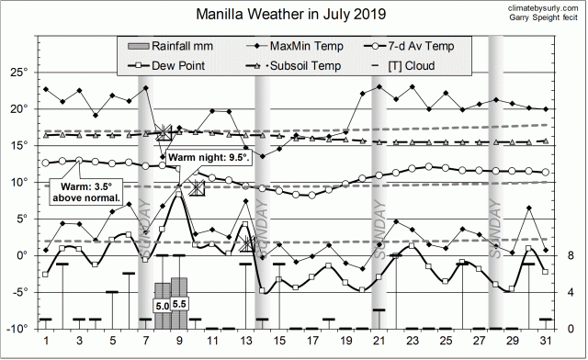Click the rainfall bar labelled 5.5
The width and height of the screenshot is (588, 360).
click(179, 303)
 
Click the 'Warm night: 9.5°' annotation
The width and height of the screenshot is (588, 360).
click(210, 157)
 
